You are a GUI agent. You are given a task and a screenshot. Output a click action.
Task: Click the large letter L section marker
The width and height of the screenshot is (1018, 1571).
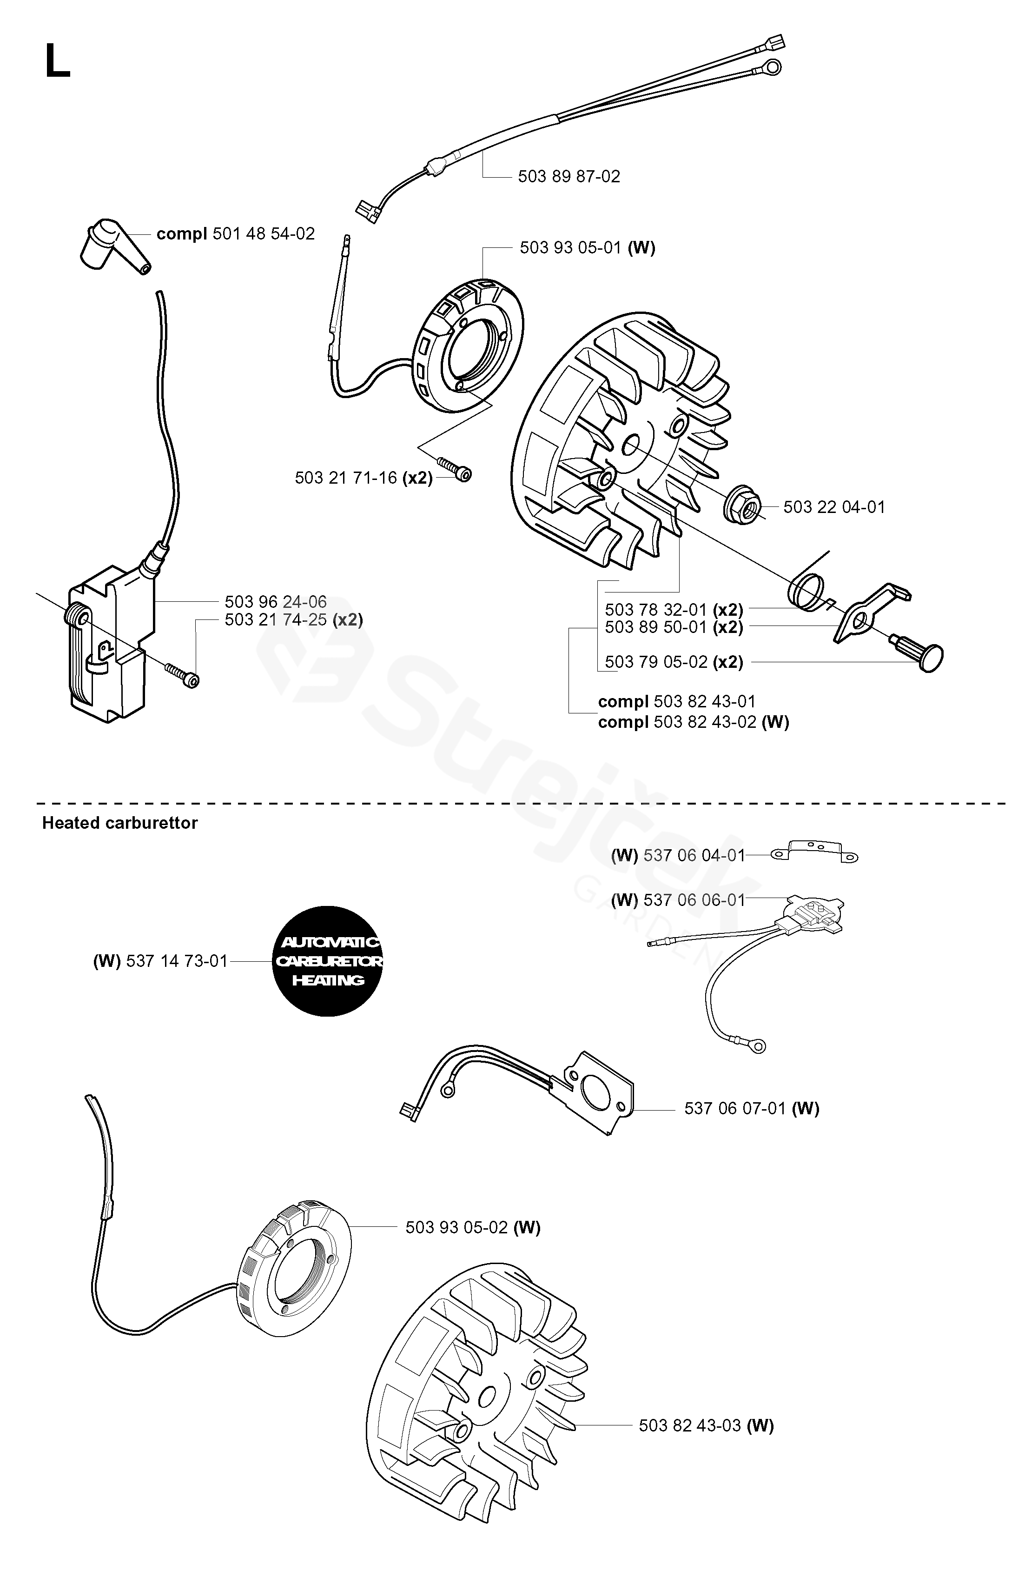[57, 61]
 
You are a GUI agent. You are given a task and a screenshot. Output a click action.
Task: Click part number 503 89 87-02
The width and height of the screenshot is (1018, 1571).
[568, 176]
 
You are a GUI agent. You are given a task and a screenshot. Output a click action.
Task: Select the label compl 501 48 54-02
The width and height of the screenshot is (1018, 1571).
[236, 233]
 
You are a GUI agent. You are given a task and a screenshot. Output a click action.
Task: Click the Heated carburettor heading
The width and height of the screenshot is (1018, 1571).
[120, 823]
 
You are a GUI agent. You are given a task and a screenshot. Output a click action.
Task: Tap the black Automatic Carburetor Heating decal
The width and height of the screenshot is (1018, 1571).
[328, 960]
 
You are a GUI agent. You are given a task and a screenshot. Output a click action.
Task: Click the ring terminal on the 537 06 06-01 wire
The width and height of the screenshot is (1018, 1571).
[759, 1045]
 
